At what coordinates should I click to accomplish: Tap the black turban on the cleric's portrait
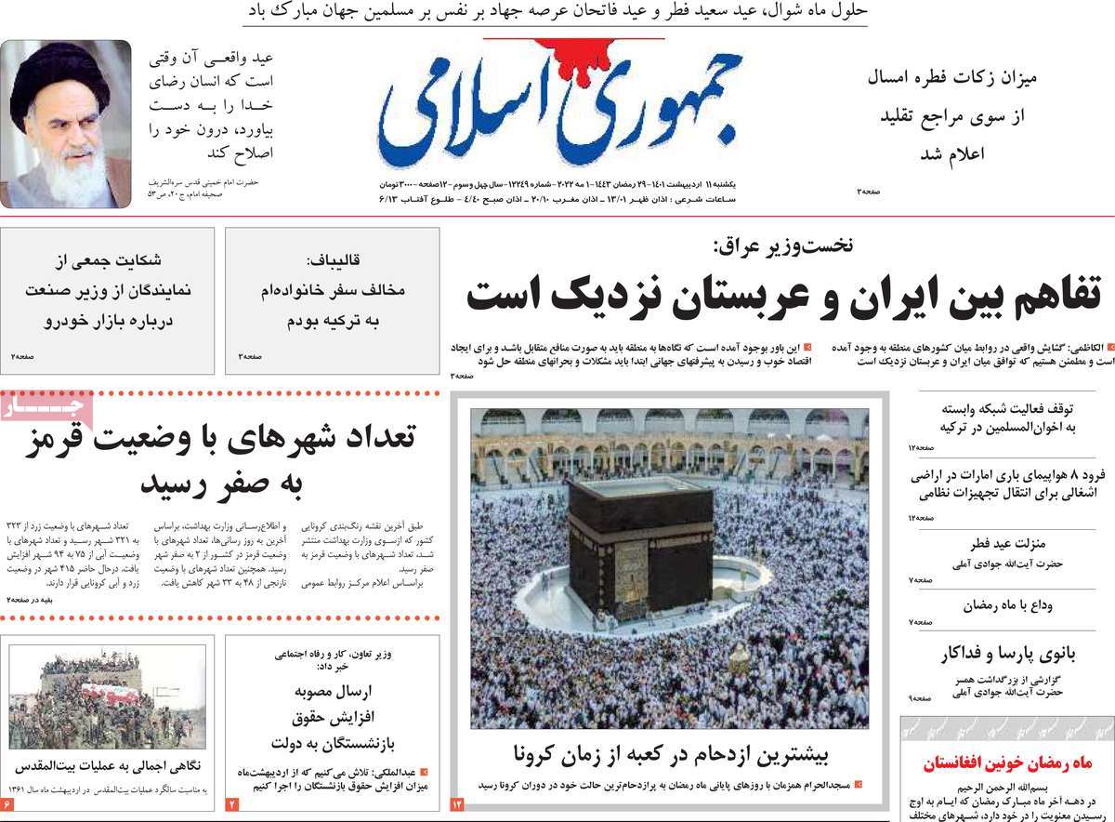(x=60, y=74)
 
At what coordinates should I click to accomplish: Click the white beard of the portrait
(x=74, y=177)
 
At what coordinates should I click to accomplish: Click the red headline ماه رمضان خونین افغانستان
(x=1007, y=764)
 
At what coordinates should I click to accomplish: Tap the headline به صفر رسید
(x=222, y=484)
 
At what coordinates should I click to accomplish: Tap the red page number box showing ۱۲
(x=458, y=802)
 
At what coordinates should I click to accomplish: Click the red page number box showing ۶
(x=8, y=802)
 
